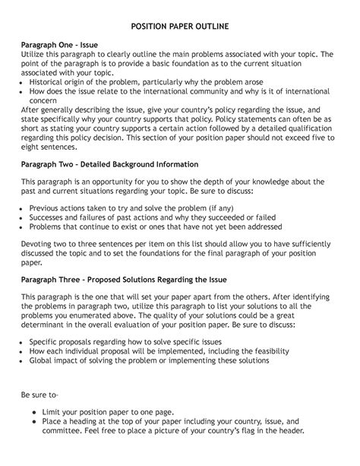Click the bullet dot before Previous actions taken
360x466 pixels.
(24, 208)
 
